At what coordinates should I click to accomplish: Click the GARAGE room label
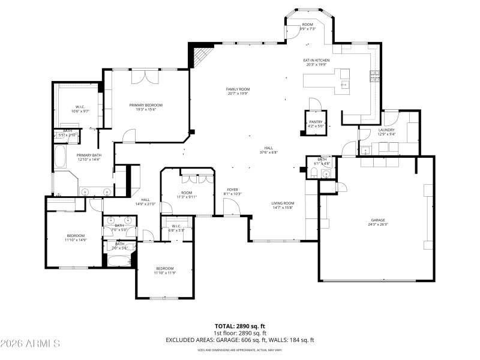(377, 220)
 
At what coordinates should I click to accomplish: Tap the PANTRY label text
(316, 122)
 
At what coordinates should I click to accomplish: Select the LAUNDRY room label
(386, 130)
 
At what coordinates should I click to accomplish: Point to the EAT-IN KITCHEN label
(317, 60)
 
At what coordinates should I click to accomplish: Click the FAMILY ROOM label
(238, 89)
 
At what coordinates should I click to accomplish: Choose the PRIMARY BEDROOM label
(146, 105)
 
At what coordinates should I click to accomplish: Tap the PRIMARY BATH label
(88, 154)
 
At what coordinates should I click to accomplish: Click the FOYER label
(232, 190)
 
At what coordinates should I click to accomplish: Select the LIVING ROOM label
(283, 203)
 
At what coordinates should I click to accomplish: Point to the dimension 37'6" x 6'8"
(269, 152)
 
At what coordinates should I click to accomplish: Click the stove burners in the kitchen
(374, 75)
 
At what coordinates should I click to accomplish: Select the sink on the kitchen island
(344, 85)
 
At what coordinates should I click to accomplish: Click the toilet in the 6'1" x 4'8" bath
(314, 174)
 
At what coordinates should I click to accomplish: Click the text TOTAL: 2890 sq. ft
(240, 326)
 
